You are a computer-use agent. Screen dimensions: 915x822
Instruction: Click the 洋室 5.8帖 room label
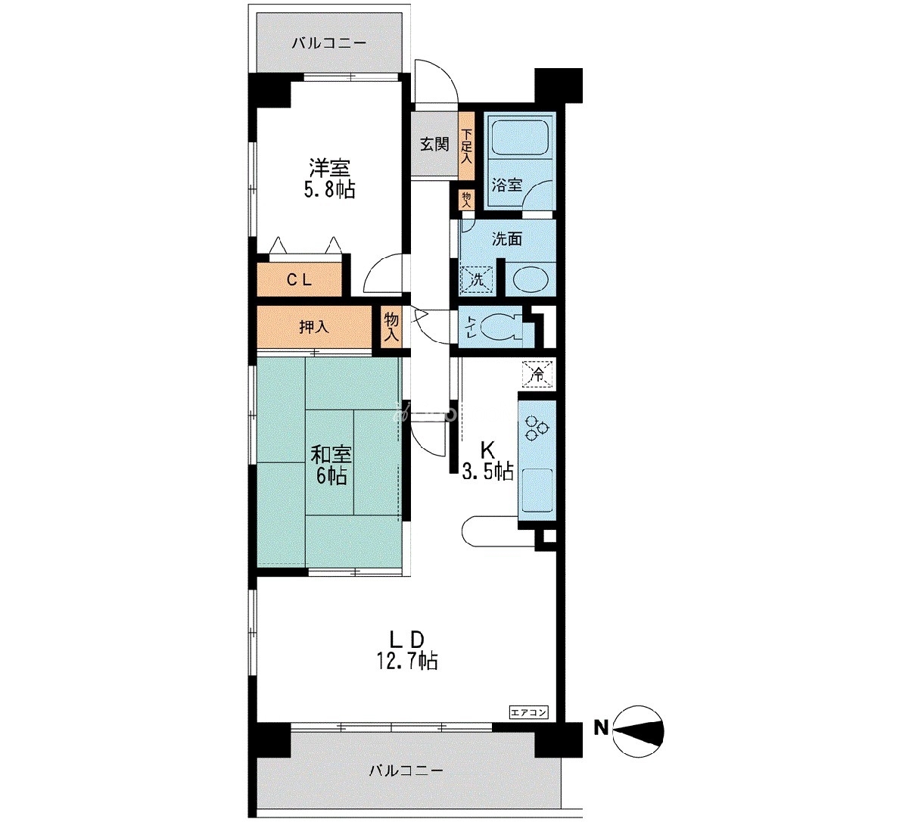(329, 179)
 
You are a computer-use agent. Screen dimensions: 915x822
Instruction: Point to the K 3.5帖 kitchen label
(487, 460)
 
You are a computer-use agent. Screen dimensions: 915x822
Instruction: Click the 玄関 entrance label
(434, 145)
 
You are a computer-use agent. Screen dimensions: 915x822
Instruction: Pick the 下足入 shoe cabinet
(466, 146)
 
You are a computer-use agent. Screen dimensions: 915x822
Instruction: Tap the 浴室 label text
(507, 185)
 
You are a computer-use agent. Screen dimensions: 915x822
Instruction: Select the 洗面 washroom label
(507, 239)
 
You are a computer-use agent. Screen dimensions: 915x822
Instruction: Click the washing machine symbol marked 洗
(477, 279)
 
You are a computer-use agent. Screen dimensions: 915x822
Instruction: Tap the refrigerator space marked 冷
(537, 373)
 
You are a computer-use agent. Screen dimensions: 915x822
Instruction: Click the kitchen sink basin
(537, 488)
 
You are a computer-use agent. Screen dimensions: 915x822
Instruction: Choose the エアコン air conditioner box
(528, 713)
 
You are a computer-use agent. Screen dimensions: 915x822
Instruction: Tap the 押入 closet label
(314, 327)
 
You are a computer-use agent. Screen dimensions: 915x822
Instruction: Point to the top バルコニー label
(328, 44)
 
